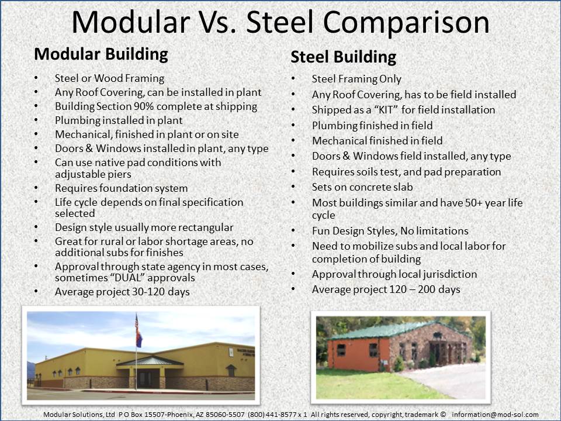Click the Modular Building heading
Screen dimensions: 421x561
(x=101, y=54)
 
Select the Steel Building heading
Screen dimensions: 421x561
(x=343, y=57)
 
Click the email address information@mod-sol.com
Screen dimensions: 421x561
(x=495, y=414)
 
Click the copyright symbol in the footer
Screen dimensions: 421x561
(x=443, y=414)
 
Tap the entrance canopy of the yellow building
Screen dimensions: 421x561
(x=142, y=361)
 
